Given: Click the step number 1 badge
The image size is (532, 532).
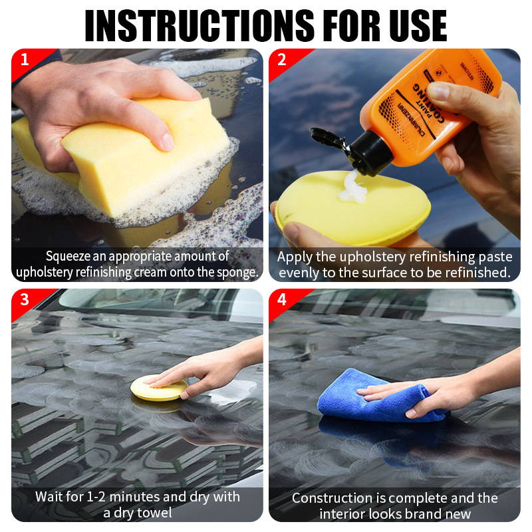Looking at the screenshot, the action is click(x=25, y=60).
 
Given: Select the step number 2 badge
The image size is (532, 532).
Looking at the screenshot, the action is click(x=282, y=60).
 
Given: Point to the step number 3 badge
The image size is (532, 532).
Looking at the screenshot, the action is click(x=25, y=300).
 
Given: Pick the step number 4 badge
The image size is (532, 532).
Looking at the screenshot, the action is click(x=282, y=300).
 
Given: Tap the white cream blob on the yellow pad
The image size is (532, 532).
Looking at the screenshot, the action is click(x=353, y=188).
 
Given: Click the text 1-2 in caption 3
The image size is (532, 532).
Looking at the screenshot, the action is click(x=96, y=497).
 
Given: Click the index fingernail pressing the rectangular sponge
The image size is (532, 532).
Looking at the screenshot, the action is click(x=167, y=142).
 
